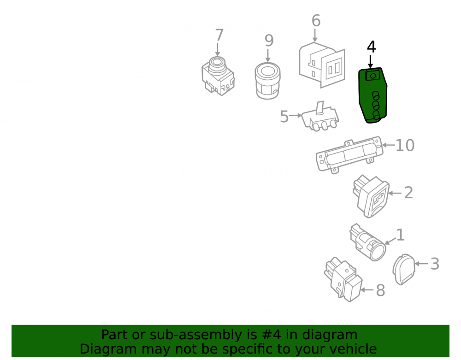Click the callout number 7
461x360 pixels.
pyautogui.click(x=219, y=35)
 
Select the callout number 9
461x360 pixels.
pyautogui.click(x=269, y=41)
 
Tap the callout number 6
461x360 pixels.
pyautogui.click(x=316, y=21)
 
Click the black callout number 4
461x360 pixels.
pyautogui.click(x=371, y=47)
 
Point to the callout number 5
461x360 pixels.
pyautogui.click(x=284, y=116)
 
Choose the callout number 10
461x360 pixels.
pyautogui.click(x=405, y=145)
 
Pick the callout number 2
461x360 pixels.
pyautogui.click(x=408, y=193)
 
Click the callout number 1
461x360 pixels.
pyautogui.click(x=400, y=235)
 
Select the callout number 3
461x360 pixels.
pyautogui.click(x=435, y=264)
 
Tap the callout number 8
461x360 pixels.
pyautogui.click(x=380, y=290)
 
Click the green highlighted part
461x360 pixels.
pyautogui.click(x=372, y=95)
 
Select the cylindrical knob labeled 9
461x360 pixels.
pyautogui.click(x=267, y=81)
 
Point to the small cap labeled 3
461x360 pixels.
pyautogui.click(x=404, y=270)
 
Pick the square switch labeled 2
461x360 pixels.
pyautogui.click(x=371, y=196)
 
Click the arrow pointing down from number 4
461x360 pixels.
pyautogui.click(x=371, y=62)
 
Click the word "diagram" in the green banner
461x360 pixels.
pyautogui.click(x=330, y=335)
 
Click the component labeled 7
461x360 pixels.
pyautogui.click(x=218, y=76)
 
